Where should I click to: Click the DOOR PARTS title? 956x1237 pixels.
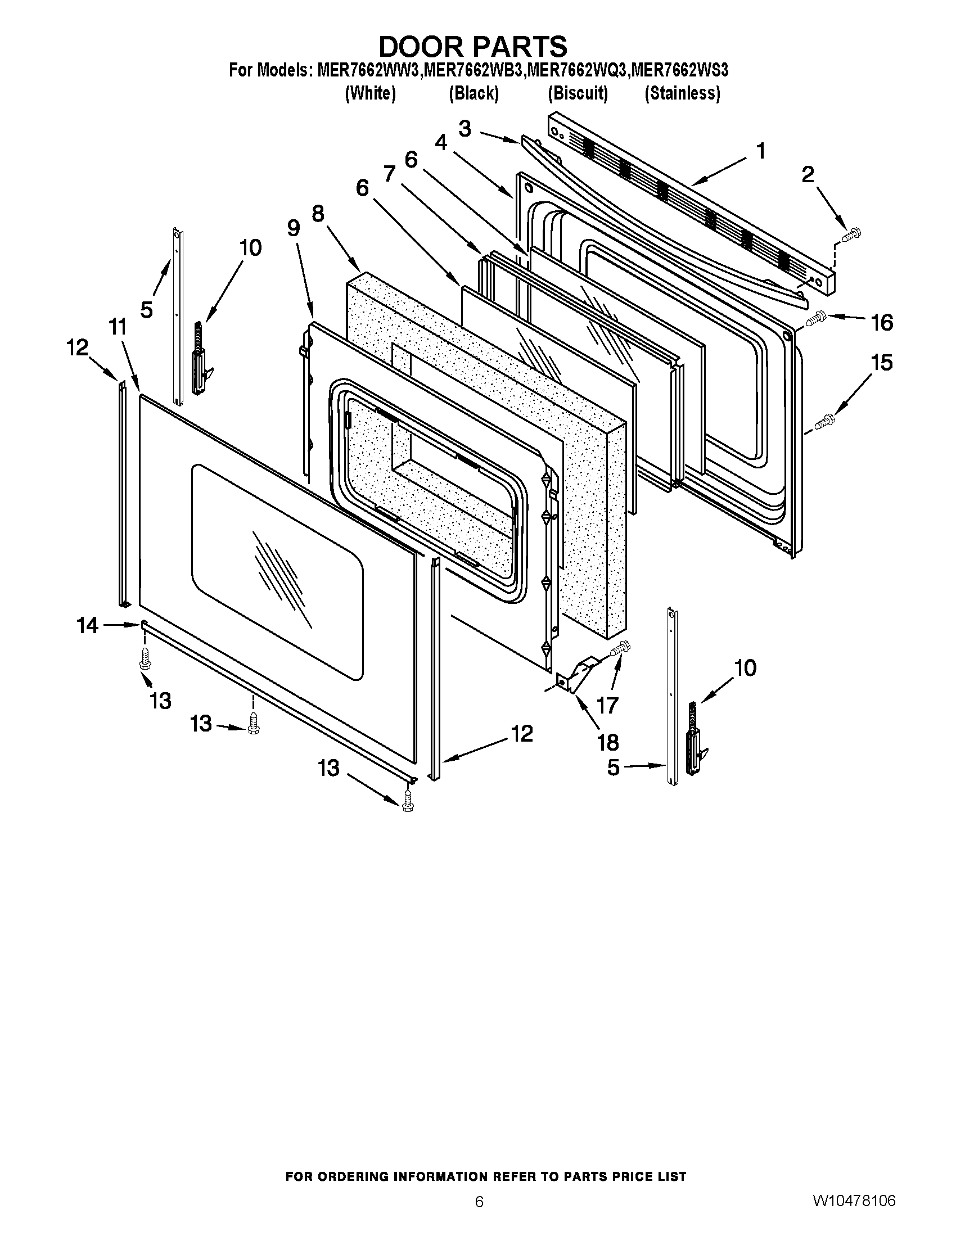472,46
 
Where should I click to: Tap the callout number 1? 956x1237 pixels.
761,151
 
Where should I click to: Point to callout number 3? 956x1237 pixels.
464,129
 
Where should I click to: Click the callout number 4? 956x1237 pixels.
441,143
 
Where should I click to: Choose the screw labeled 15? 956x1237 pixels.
824,422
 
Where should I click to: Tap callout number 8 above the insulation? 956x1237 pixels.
318,214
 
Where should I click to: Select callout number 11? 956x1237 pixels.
117,327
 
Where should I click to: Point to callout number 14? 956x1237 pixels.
88,625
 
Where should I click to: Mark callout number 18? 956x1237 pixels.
608,742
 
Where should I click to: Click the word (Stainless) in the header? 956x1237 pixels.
683,93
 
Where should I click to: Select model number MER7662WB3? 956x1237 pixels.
475,71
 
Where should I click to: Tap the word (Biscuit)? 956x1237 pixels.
578,93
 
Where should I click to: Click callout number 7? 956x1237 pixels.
389,173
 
